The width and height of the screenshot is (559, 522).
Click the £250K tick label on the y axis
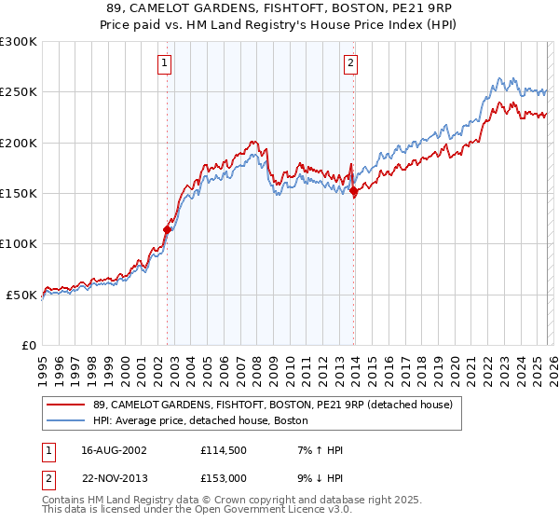pyautogui.click(x=19, y=92)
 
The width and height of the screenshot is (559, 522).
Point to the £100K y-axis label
pyautogui.click(x=19, y=243)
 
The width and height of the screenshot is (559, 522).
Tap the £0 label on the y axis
pyautogui.click(x=28, y=345)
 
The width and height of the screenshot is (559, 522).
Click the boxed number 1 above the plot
pyautogui.click(x=164, y=63)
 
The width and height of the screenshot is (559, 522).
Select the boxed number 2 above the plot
pyautogui.click(x=350, y=63)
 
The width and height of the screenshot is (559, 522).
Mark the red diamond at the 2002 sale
pyautogui.click(x=168, y=228)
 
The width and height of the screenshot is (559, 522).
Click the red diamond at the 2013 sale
pyautogui.click(x=354, y=191)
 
